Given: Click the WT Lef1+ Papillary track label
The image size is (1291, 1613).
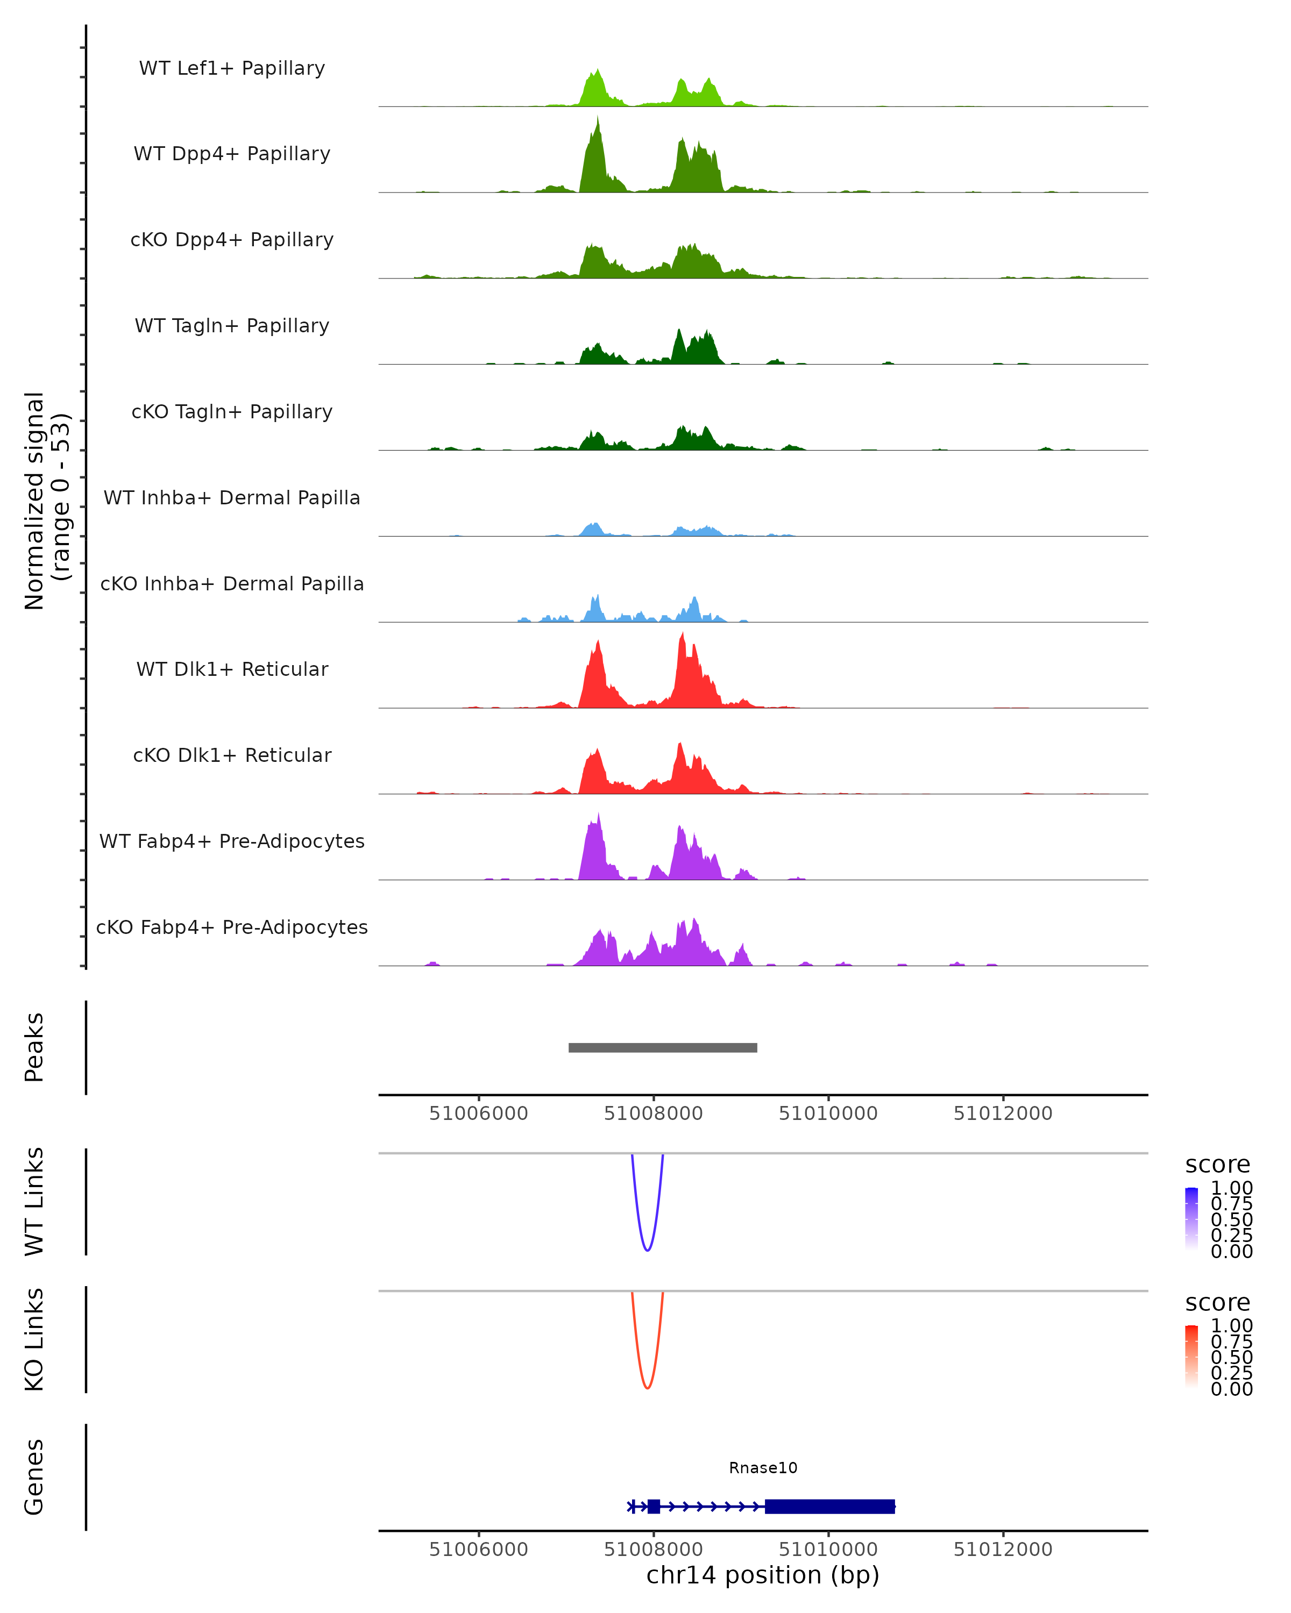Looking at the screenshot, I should point(232,68).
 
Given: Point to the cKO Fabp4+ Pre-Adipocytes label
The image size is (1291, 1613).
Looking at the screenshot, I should point(232,927).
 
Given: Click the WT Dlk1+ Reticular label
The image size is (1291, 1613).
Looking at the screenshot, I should point(232,669).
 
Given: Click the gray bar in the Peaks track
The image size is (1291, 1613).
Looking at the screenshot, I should point(662,1047).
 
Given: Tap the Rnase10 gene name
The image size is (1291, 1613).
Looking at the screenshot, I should point(763,1468).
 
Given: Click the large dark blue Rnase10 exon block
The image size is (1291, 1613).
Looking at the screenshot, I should point(829,1506).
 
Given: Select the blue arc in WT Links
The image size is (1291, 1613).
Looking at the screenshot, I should point(647,1250).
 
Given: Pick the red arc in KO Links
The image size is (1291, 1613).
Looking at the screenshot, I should point(647,1388).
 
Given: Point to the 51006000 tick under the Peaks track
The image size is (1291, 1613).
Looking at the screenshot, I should point(478,1114).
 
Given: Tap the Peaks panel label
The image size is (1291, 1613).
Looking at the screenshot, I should point(34,1047).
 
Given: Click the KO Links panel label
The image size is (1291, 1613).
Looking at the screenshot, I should point(34,1339).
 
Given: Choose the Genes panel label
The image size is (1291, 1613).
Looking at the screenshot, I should point(34,1477).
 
